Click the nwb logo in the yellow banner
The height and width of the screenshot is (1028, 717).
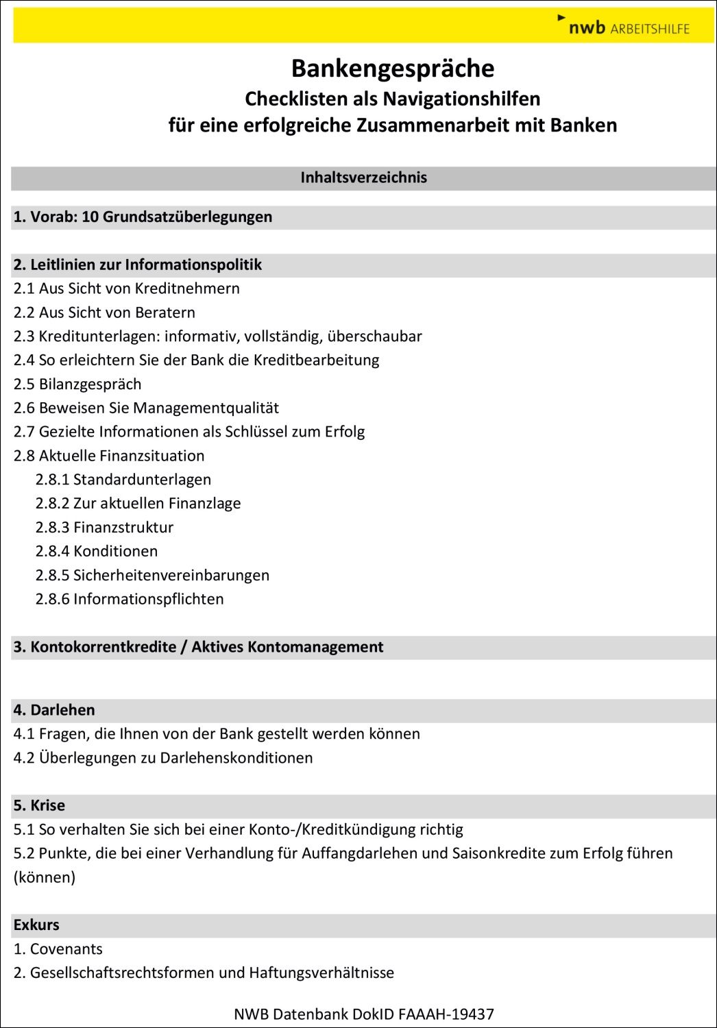(587, 27)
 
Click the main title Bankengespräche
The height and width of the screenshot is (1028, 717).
(393, 69)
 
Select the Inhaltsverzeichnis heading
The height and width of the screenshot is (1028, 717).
(363, 178)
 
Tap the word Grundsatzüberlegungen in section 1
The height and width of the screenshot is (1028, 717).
(187, 217)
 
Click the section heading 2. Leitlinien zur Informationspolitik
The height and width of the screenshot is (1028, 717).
(138, 265)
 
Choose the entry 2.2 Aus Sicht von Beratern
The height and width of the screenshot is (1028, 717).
(104, 313)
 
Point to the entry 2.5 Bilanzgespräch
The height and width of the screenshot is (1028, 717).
(77, 384)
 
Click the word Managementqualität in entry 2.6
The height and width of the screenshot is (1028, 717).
(206, 408)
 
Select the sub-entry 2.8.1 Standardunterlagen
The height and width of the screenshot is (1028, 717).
(123, 480)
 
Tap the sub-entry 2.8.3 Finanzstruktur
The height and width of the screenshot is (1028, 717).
(104, 528)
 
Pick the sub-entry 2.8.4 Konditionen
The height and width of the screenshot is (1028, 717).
(97, 552)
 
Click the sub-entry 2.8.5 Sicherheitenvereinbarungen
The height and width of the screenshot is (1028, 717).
(152, 576)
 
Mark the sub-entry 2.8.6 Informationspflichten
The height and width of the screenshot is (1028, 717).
(130, 600)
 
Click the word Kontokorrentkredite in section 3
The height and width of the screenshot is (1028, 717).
(104, 648)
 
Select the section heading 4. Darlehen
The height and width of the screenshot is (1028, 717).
(54, 711)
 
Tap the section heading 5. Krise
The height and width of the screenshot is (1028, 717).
(39, 806)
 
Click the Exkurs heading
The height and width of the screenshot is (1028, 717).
(36, 925)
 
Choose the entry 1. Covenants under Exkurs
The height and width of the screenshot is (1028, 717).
(58, 949)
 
